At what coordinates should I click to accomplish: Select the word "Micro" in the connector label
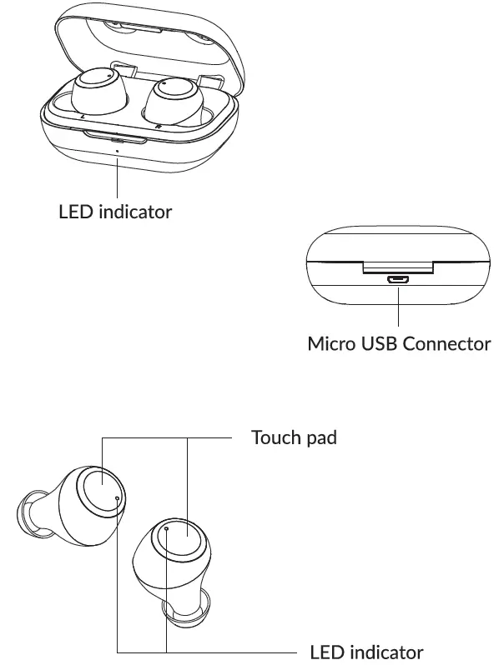[x=329, y=343]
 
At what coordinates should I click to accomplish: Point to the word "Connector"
[x=446, y=343]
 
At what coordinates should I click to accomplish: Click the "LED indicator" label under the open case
[x=115, y=212]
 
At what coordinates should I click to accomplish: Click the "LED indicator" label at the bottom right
[x=366, y=652]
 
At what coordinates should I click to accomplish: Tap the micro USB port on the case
[x=398, y=281]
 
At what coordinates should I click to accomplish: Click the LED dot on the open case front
[x=117, y=152]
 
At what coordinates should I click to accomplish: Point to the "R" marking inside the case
[x=158, y=127]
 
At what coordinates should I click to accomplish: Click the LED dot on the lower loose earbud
[x=166, y=528]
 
